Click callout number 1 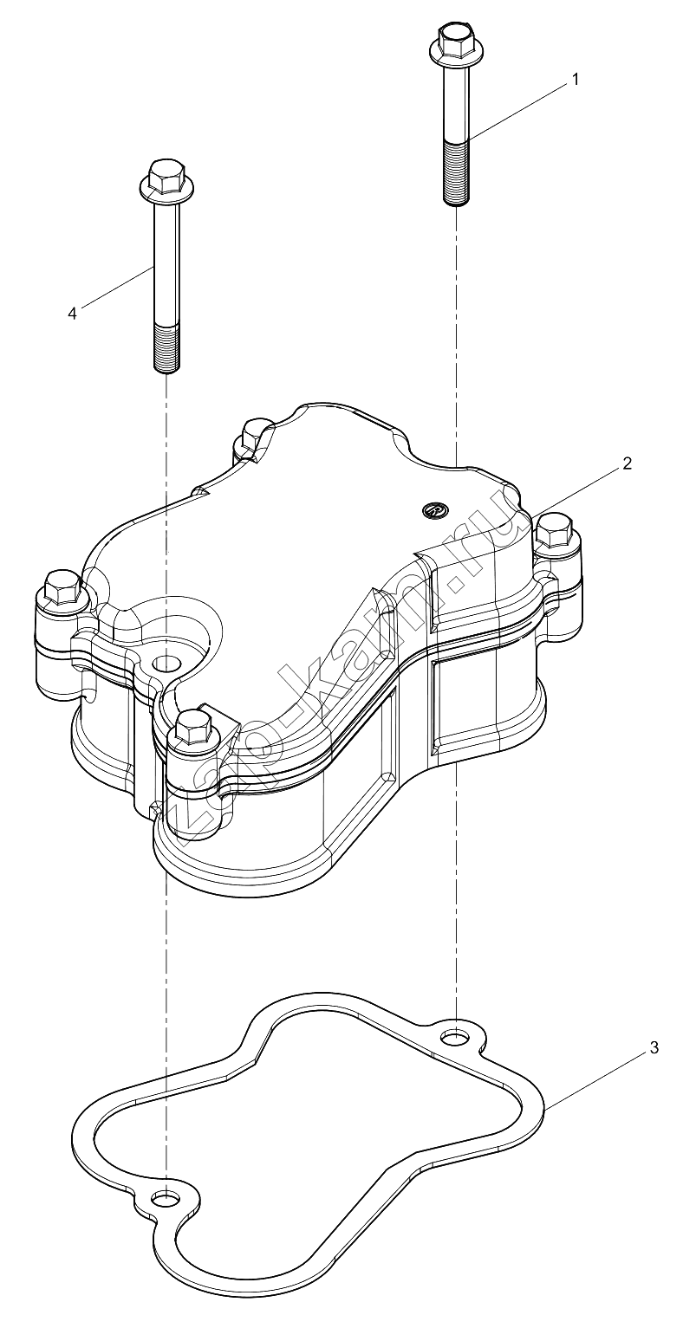[x=575, y=80]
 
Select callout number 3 [x=654, y=1047]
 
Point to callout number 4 [x=73, y=313]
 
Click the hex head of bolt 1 [x=454, y=37]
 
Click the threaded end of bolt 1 [x=456, y=172]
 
